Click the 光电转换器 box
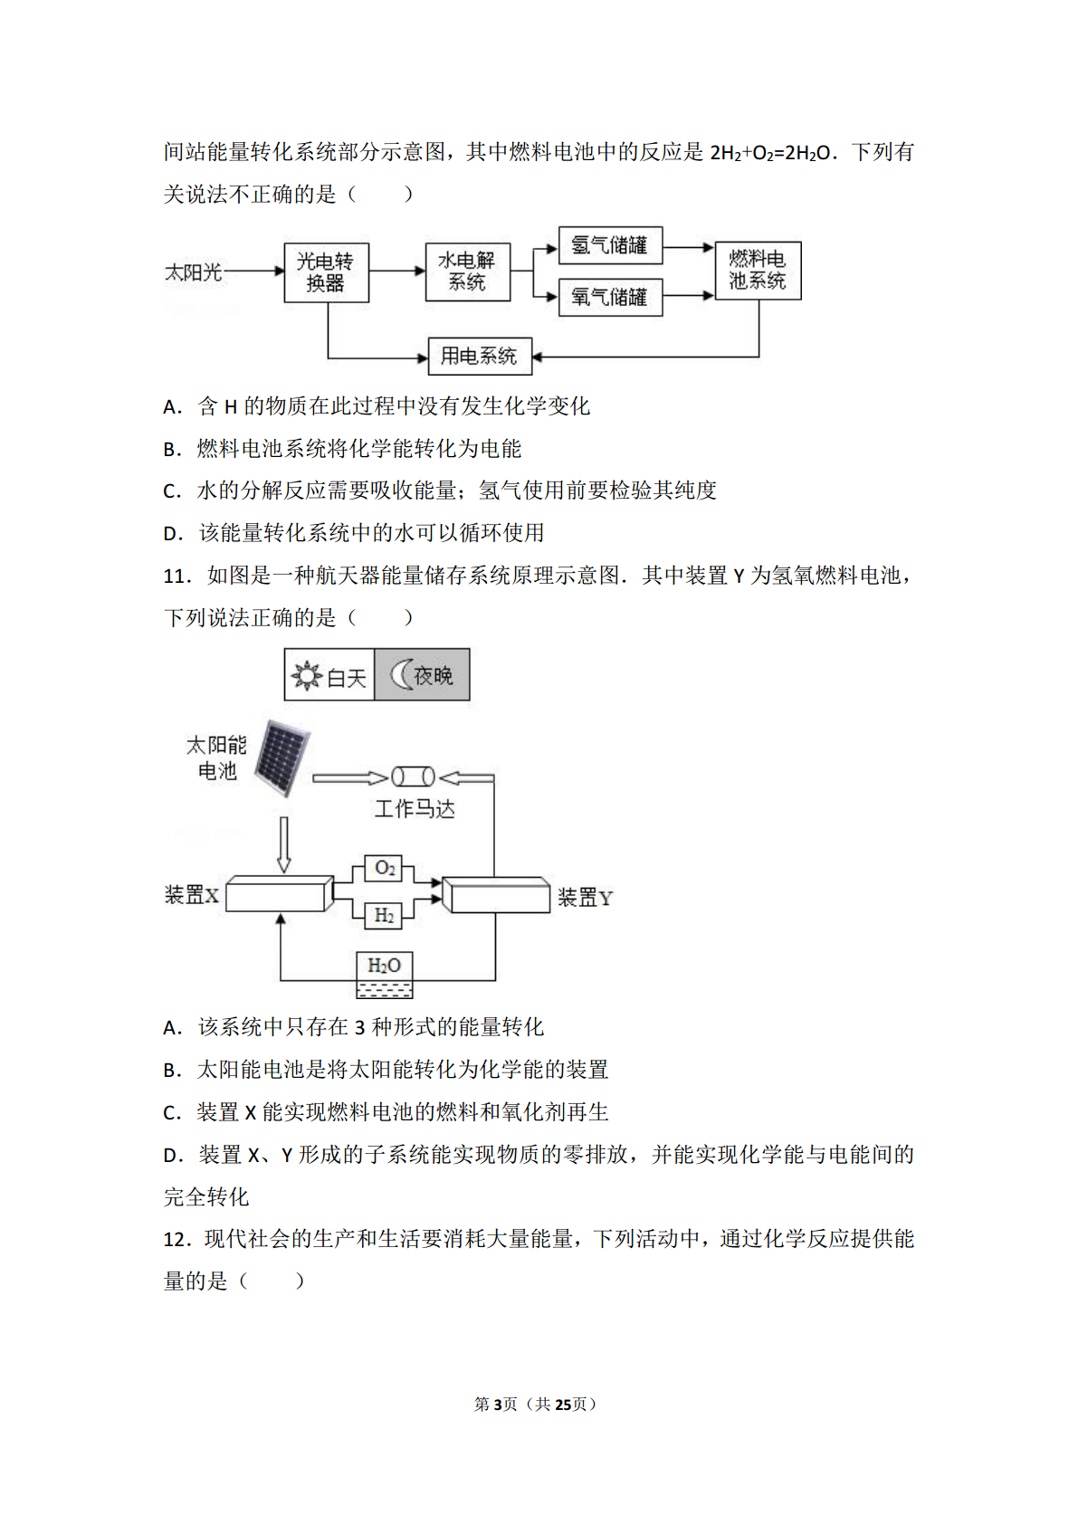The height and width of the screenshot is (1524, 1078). [x=327, y=272]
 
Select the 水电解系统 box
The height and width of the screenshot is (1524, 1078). [x=468, y=271]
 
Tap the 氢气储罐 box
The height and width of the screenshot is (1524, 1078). [x=610, y=245]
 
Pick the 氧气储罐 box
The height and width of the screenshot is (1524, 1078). [x=610, y=298]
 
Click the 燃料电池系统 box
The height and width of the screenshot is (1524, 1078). [x=758, y=271]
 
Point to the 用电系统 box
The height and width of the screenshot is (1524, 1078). [x=480, y=356]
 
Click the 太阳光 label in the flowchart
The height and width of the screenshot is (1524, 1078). [x=194, y=272]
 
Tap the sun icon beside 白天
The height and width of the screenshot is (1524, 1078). [x=306, y=676]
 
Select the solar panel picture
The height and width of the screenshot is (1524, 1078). [x=282, y=757]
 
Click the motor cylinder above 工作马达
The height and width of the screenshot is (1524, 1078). [x=413, y=777]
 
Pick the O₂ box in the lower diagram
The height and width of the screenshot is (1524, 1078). [x=383, y=868]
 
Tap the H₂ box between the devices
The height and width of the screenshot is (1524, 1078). [x=383, y=915]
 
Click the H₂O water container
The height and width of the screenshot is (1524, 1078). [x=385, y=975]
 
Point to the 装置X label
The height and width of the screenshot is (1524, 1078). [x=191, y=895]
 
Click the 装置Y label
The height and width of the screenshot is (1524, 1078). [x=586, y=898]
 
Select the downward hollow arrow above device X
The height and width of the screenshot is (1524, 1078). [x=284, y=844]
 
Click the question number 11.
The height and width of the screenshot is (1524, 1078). [x=176, y=576]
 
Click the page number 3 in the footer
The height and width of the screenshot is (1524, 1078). [x=497, y=1405]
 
